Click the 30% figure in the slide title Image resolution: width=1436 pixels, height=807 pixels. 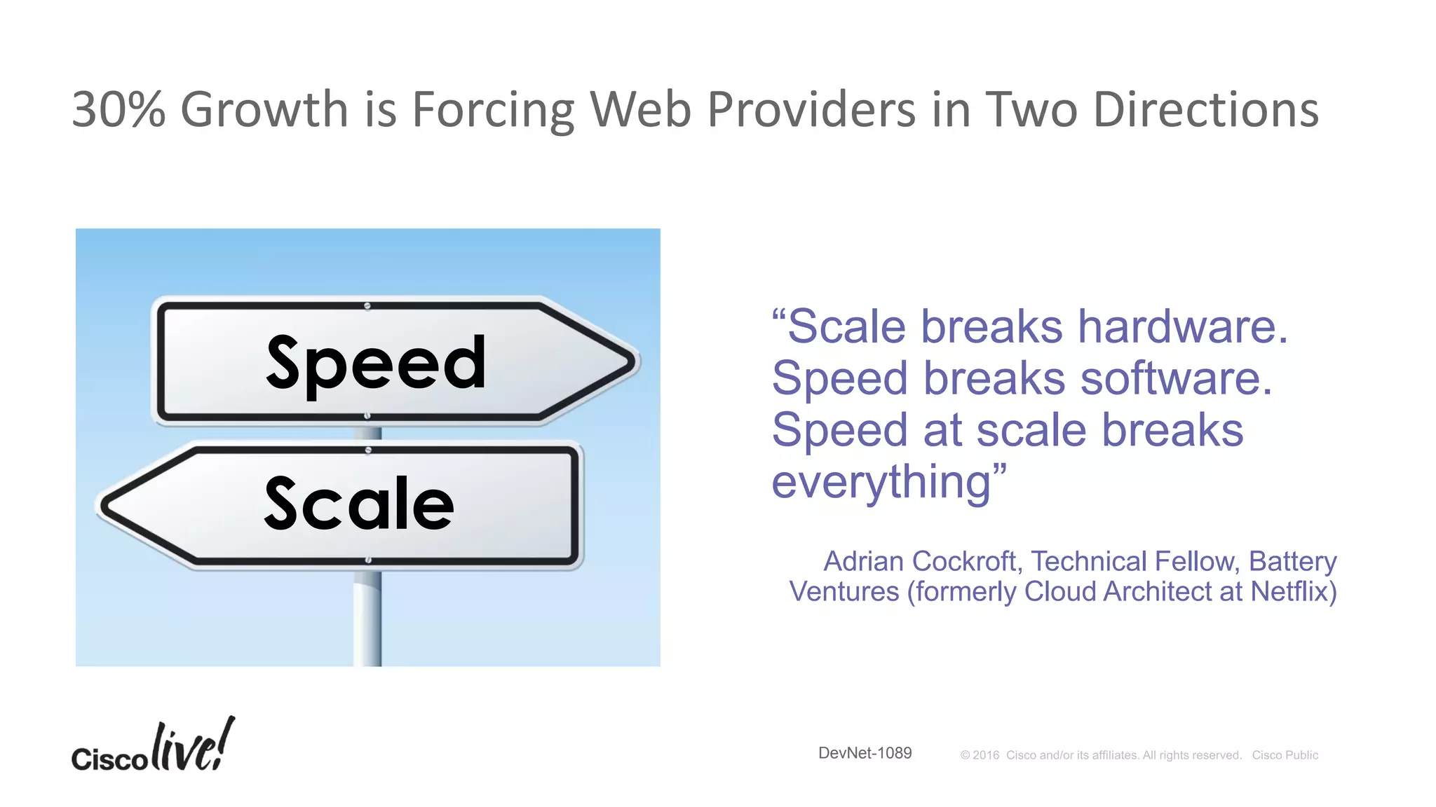coord(118,110)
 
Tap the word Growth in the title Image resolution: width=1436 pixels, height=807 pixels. coord(264,110)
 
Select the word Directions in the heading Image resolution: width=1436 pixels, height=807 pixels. coord(1205,110)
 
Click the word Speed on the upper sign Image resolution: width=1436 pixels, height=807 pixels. coord(376,363)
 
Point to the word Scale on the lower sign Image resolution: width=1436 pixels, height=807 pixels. coord(359,504)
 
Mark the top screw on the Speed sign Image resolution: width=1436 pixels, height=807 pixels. coord(367,306)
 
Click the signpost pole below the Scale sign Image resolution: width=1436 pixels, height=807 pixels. coord(367,616)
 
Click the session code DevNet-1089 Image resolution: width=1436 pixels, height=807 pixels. coord(865,753)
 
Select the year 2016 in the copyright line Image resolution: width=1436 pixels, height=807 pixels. coord(985,755)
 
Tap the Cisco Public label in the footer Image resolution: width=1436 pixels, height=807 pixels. coord(1285,755)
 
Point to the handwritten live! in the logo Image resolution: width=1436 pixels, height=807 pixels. coord(193,745)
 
